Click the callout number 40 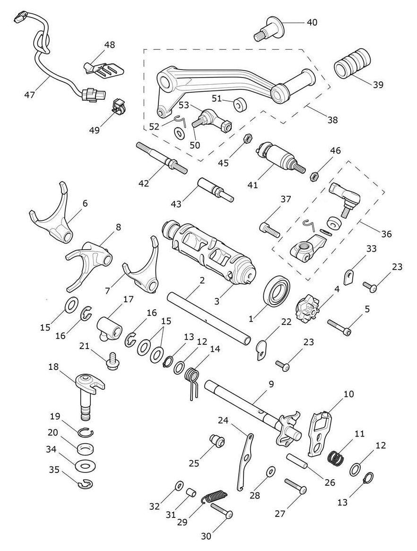312,23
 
